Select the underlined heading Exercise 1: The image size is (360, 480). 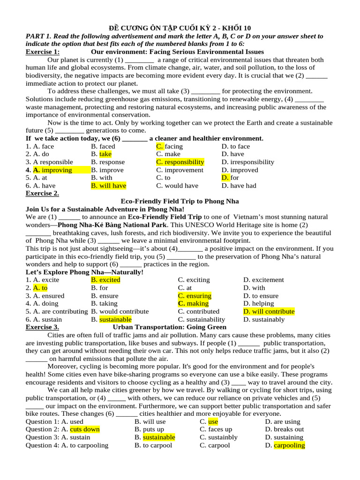coord(43,52)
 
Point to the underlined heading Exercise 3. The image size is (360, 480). coord(42,327)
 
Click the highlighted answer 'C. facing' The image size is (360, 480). coord(169,146)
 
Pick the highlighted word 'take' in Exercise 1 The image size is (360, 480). coord(105,154)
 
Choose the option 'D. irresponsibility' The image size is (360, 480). coord(247,162)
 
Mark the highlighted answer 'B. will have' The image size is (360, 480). coord(108,186)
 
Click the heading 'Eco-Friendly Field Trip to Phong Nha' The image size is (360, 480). coord(180,201)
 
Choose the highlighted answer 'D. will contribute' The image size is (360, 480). coord(269,311)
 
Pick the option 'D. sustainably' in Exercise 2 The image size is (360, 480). coord(264,319)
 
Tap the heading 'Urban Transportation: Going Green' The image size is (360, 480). coord(170,327)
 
